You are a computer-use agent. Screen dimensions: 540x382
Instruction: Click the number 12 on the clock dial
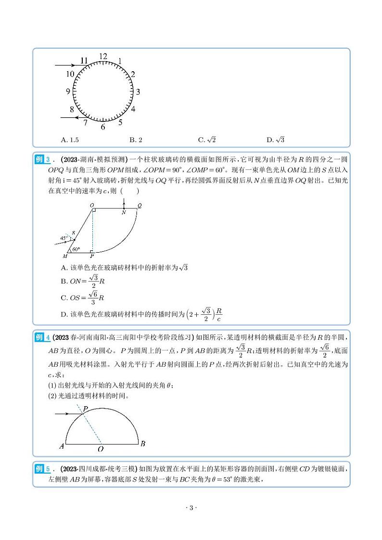tap(103, 56)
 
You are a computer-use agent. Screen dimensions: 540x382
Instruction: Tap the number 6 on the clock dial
tap(103, 128)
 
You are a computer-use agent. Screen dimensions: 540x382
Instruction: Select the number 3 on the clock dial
tap(138, 91)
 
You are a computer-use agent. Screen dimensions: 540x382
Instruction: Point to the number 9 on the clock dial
tap(68, 91)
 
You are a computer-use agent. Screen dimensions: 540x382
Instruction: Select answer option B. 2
tap(136, 140)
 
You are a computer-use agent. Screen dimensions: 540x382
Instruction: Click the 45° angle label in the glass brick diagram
tap(64, 238)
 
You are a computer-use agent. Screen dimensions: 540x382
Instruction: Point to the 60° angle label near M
tap(76, 249)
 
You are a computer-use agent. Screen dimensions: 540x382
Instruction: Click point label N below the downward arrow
tap(124, 213)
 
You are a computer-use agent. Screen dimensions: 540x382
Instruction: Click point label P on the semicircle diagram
tap(85, 409)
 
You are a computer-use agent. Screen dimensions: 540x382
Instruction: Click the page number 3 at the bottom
tap(191, 508)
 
